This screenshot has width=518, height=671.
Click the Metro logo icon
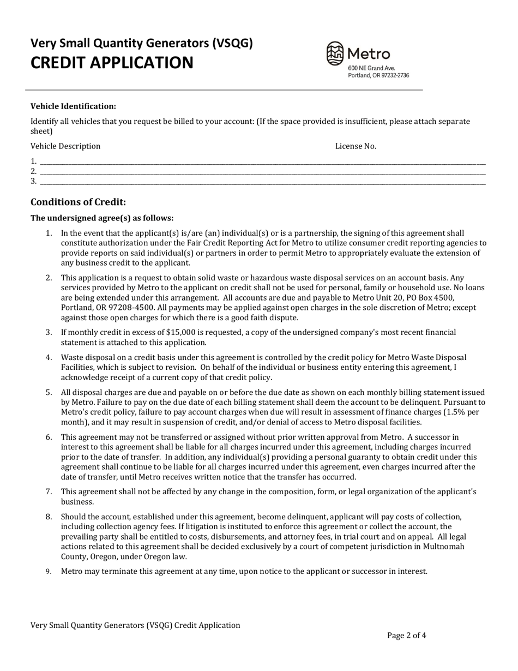coord(335,53)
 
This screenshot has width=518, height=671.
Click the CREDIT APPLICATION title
coord(111,63)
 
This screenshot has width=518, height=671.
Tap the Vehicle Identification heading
coord(73,106)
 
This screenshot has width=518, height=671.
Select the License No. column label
coord(356,146)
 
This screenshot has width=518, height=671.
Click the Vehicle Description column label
coord(65,146)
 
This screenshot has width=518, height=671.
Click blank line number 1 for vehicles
coord(262,161)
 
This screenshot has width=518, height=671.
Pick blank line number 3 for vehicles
coord(262,181)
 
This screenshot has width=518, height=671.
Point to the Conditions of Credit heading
coord(78,202)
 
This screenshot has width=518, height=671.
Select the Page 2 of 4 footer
coord(407,635)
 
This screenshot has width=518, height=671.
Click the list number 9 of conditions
coord(49,572)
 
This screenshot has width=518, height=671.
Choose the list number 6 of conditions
coord(49,437)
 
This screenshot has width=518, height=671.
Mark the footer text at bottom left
coord(135,625)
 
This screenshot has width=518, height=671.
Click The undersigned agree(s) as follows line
coord(102,218)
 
